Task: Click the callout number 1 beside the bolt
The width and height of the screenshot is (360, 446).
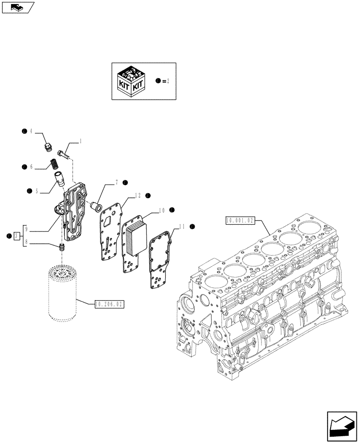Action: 81,141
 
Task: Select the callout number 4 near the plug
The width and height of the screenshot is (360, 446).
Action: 31,132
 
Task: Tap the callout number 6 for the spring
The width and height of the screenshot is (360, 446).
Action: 31,166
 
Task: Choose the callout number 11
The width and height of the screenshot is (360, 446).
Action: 182,227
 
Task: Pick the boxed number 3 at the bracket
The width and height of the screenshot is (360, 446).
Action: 16,235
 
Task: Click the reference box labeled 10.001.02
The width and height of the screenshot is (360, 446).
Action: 240,220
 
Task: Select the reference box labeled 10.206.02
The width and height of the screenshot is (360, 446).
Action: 109,305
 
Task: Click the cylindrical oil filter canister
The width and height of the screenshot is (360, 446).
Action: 62,292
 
